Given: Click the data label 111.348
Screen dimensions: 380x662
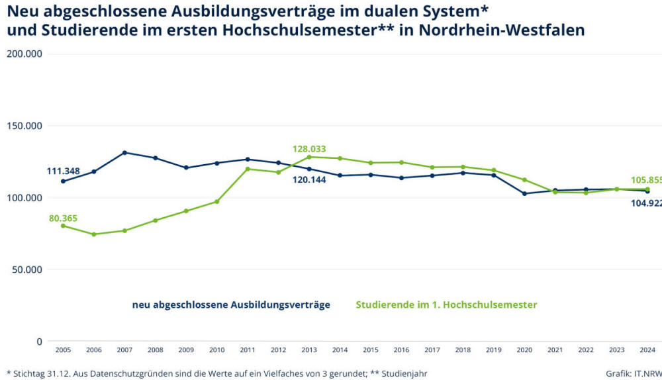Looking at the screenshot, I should coord(64,171).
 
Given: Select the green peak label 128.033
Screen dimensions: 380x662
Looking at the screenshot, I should coord(309,149).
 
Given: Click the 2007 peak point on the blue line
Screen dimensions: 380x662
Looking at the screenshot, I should coord(124,153).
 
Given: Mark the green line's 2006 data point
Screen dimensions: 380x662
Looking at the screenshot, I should coord(94,234).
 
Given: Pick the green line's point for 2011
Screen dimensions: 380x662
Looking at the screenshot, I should coord(248,169).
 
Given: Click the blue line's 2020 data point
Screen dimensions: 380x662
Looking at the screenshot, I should coord(525,193).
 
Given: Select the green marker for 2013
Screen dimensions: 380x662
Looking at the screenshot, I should coord(309,157).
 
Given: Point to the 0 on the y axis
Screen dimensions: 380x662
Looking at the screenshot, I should coord(39,342).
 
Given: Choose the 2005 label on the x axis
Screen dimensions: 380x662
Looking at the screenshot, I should coord(64,350).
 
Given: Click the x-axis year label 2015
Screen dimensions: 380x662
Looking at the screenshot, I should coord(371,350).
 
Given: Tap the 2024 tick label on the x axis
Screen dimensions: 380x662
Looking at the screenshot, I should coord(647,350).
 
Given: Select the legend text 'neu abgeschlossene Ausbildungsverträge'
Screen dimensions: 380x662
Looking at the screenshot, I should coord(231,305).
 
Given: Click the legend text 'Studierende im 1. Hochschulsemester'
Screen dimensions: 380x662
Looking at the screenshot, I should coord(446,305).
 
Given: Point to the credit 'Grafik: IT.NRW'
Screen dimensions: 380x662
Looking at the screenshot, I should coord(633,373).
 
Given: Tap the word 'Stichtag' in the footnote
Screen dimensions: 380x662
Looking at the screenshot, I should coord(30,373).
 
